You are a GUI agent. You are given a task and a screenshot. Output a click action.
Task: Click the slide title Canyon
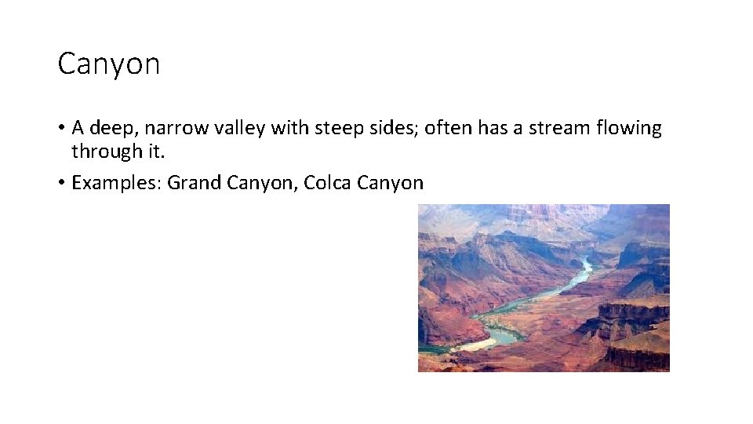pyautogui.click(x=108, y=64)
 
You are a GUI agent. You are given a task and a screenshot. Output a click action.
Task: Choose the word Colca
pyautogui.click(x=327, y=184)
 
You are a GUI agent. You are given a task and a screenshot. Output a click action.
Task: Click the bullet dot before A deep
pyautogui.click(x=61, y=129)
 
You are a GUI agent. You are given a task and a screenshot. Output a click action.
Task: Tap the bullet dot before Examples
pyautogui.click(x=61, y=184)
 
